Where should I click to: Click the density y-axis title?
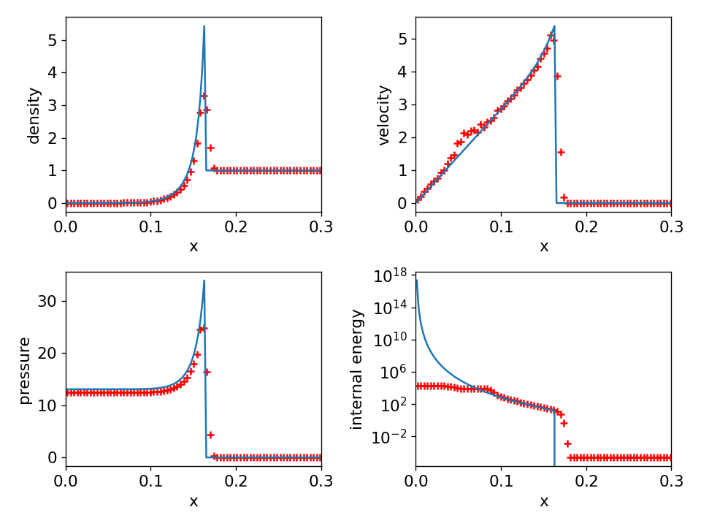[x=34, y=115]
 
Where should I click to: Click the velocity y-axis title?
[x=384, y=115]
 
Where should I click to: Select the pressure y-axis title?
[x=25, y=370]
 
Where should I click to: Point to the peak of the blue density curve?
[x=204, y=26]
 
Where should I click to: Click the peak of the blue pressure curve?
[x=204, y=281]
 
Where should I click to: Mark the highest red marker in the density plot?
[x=204, y=96]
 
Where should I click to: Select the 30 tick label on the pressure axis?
[x=47, y=301]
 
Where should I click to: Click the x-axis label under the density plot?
[x=194, y=246]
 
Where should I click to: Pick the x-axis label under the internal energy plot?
[x=543, y=501]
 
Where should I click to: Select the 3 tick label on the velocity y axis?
[x=402, y=104]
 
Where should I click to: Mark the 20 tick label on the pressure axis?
[x=47, y=353]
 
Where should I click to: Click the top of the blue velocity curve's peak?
[x=554, y=26]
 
